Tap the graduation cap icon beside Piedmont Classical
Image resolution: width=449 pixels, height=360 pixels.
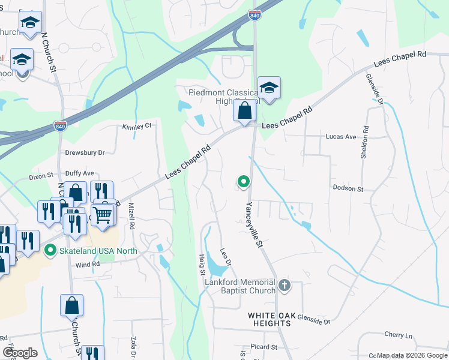pyautogui.click(x=269, y=88)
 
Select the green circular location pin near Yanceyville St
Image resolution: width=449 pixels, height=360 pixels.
pyautogui.click(x=243, y=181)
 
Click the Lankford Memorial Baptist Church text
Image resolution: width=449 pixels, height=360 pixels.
pyautogui.click(x=240, y=286)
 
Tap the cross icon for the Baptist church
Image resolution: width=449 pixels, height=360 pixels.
pyautogui.click(x=285, y=286)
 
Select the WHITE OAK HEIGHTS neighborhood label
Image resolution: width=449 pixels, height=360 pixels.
pyautogui.click(x=270, y=319)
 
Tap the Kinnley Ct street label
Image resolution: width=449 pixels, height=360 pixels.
pyautogui.click(x=137, y=127)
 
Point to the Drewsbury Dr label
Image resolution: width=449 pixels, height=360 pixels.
pyautogui.click(x=85, y=153)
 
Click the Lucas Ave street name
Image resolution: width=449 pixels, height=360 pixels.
pyautogui.click(x=341, y=137)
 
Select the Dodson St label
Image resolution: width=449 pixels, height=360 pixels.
pyautogui.click(x=348, y=188)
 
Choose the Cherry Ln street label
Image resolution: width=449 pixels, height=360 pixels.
pyautogui.click(x=399, y=335)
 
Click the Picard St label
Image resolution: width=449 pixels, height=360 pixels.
pyautogui.click(x=264, y=347)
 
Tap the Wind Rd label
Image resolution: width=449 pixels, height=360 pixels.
pyautogui.click(x=88, y=264)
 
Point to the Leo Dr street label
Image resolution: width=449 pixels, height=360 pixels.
pyautogui.click(x=225, y=258)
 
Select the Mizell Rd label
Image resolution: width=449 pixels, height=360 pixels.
pyautogui.click(x=131, y=217)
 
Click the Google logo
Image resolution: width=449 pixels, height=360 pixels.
pyautogui.click(x=20, y=353)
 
